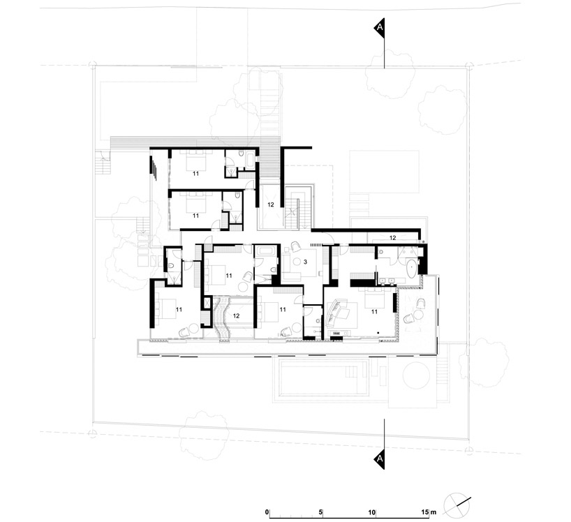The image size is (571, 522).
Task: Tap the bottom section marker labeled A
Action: point(380,458)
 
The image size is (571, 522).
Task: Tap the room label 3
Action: point(305,262)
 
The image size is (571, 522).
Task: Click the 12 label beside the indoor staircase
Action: point(271,204)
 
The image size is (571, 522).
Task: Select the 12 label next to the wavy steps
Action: point(237,315)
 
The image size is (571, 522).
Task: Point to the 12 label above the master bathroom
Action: point(392,238)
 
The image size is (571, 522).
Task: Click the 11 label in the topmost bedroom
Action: point(195,174)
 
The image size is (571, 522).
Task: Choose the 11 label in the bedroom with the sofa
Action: point(374,312)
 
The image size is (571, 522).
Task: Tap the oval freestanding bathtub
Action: point(412,269)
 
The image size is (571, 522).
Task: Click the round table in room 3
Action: point(298,261)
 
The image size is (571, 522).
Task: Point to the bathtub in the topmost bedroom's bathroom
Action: point(251,161)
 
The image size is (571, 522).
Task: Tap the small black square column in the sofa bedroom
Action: point(379,332)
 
